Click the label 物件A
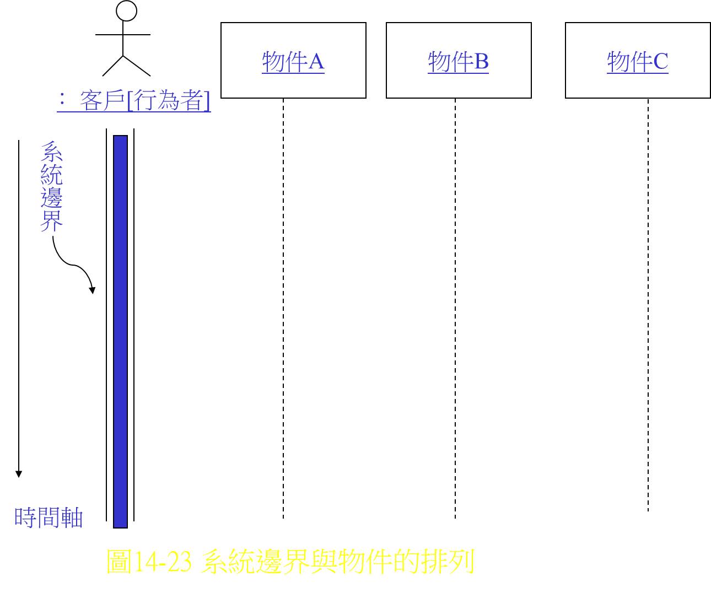(293, 62)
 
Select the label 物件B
(459, 62)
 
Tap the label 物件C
(638, 62)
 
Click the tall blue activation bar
(120, 331)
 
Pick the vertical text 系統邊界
(52, 186)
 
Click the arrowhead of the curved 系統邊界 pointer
(92, 290)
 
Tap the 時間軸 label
(49, 517)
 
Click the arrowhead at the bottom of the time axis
(19, 474)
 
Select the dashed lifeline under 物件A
(283, 309)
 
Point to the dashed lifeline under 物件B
(455, 309)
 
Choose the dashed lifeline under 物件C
(648, 305)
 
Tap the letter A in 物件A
(316, 62)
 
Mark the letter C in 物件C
(661, 62)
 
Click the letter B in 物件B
(482, 62)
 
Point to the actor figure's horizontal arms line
(123, 35)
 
